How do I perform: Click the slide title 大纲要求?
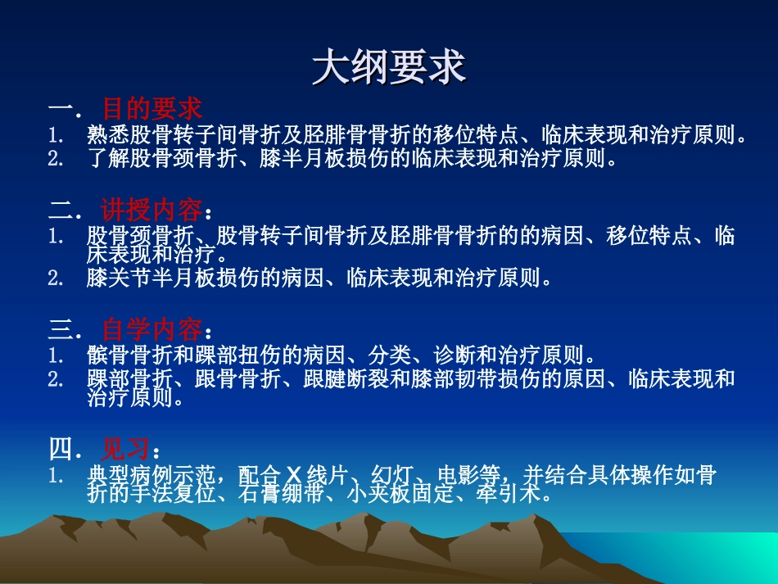(x=389, y=68)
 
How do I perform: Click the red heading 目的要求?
(x=152, y=109)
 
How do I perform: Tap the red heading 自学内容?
(x=152, y=329)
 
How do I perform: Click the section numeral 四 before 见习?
(x=61, y=448)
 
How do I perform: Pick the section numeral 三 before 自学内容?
(x=61, y=329)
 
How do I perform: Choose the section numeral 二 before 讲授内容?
(x=61, y=211)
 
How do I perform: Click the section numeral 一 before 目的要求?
(x=61, y=109)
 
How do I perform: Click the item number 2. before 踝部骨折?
(x=56, y=379)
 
